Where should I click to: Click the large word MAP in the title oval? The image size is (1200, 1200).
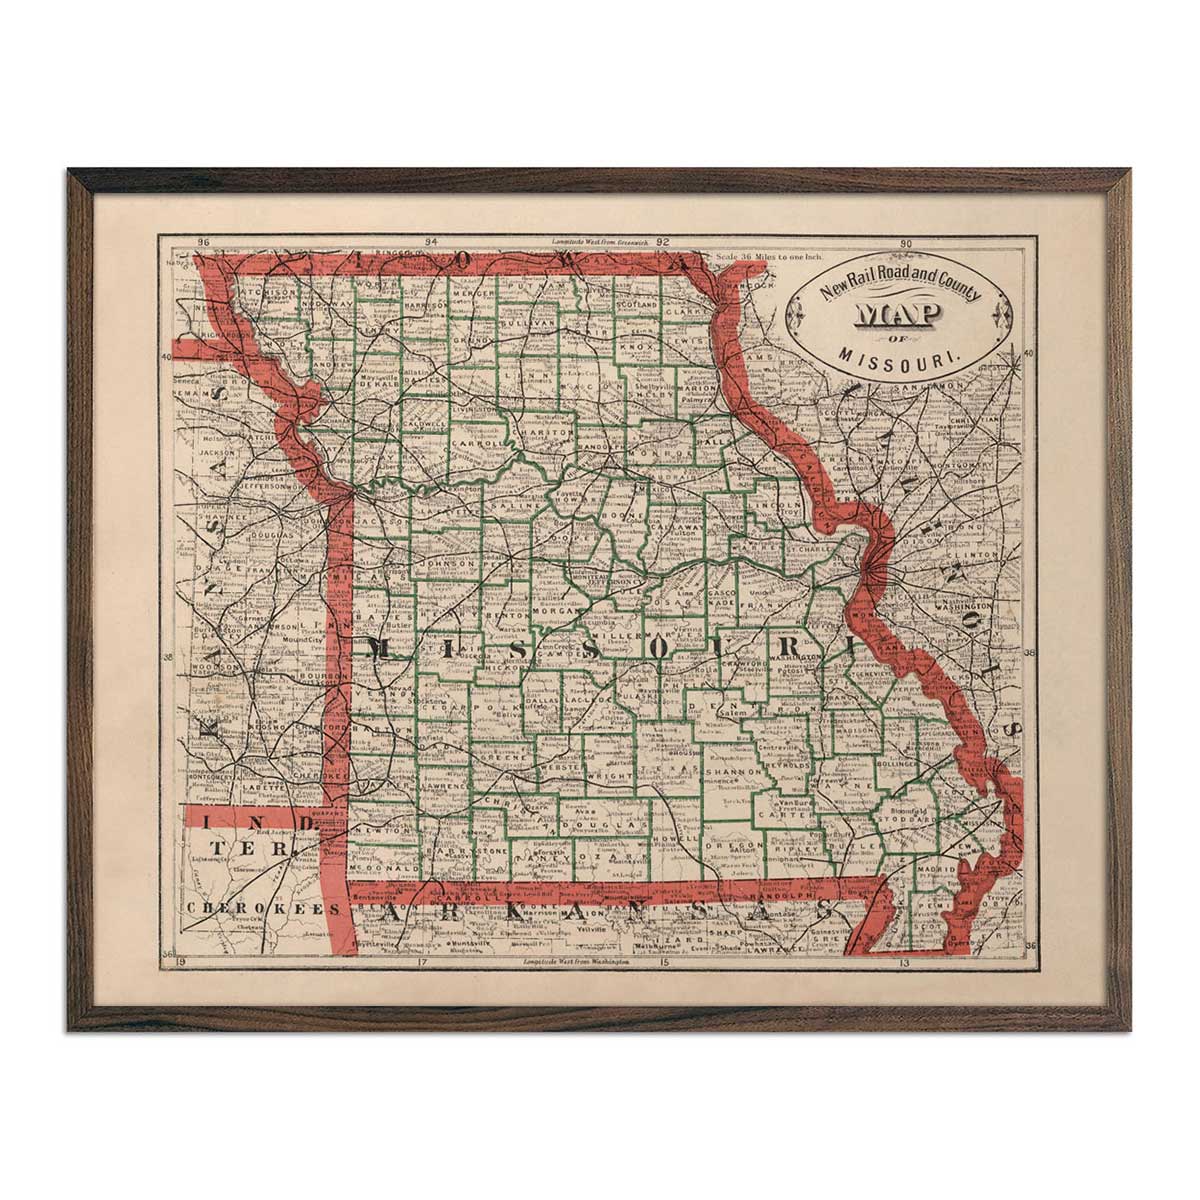(896, 316)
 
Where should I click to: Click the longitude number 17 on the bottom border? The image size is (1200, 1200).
(421, 966)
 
